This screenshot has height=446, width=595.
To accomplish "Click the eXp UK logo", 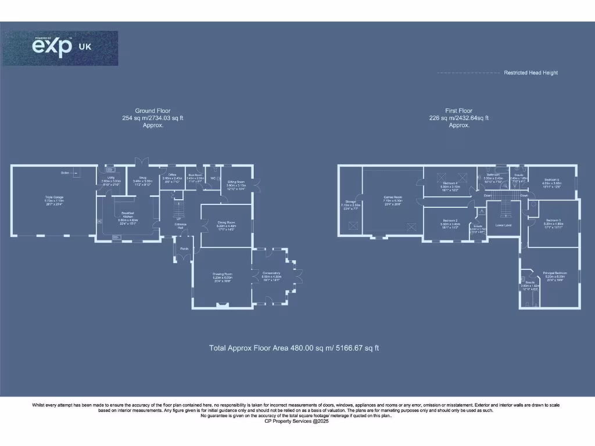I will pos(60,48).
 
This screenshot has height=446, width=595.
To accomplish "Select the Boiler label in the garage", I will pos(65,172).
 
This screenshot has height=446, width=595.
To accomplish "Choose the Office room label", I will pos(172,176).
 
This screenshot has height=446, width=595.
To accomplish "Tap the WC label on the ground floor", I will pos(213,178).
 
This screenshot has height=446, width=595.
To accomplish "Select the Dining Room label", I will pos(226,225).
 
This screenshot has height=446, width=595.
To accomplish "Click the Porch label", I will pos(184,249).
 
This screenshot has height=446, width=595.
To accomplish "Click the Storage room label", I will pos(351,203).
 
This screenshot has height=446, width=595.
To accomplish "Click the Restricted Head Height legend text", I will pos(531,73).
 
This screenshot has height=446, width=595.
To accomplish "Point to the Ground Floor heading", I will pos(149,110).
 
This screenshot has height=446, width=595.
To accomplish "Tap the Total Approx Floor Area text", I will pos(294,348).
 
